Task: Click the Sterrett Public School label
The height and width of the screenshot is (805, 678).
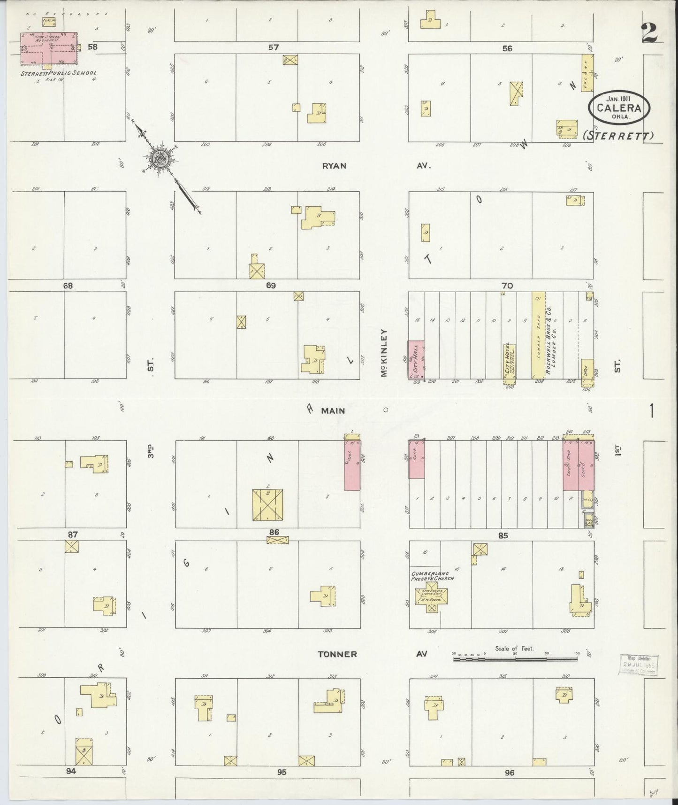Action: tap(59, 73)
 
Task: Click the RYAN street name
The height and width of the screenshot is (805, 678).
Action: tap(334, 166)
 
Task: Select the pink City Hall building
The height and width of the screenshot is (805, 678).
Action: tap(415, 360)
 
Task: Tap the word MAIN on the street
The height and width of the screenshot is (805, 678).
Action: tap(333, 411)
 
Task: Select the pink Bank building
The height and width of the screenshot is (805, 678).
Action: tap(416, 459)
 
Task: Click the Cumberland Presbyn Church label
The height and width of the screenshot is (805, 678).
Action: tap(431, 576)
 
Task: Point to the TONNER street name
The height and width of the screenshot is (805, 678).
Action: tap(337, 654)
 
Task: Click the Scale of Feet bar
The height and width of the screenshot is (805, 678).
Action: tap(515, 659)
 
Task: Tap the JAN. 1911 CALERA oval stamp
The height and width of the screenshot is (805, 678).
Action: tap(619, 107)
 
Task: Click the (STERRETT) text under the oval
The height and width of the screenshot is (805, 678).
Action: tap(618, 136)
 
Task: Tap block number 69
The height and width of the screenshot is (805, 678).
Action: tap(270, 286)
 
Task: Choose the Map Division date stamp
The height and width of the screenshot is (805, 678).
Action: tap(639, 665)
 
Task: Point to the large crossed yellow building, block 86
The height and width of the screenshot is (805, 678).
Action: tap(267, 505)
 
